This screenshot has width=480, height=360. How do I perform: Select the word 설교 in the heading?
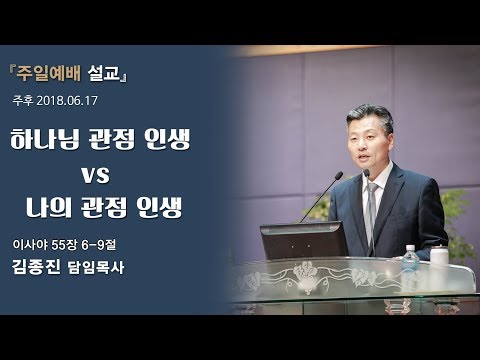[x=103, y=74]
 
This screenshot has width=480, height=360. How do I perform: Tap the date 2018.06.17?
[x=69, y=102]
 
